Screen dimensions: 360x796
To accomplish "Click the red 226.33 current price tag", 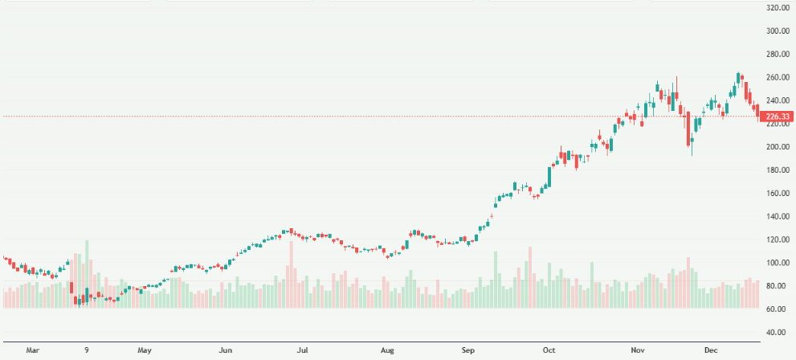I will point(778,117).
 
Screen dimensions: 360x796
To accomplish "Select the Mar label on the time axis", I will point(32,350).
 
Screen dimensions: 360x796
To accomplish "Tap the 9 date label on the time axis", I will point(87,350).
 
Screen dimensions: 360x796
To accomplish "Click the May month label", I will point(145,350).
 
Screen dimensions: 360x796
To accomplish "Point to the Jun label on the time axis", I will point(226,350).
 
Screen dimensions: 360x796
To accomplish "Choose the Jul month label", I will point(303,350).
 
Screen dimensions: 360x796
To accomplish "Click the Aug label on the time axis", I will point(387,350).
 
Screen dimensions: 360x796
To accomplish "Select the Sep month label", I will point(470,350).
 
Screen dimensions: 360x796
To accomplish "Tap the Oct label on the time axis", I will point(549,350).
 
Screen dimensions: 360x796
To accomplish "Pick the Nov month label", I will point(638,350).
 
